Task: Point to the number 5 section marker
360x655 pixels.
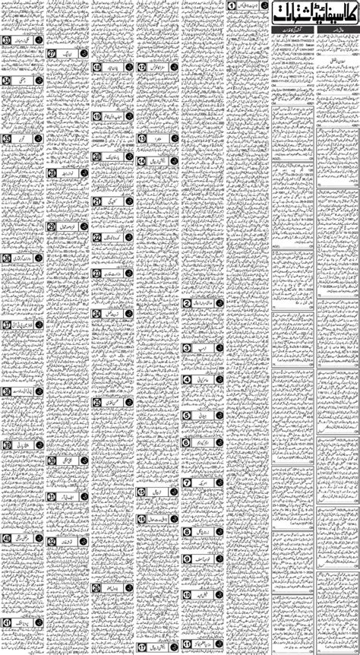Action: [x=186, y=416]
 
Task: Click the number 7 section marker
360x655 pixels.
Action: [x=186, y=483]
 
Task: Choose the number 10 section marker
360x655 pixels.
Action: [x=186, y=591]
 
